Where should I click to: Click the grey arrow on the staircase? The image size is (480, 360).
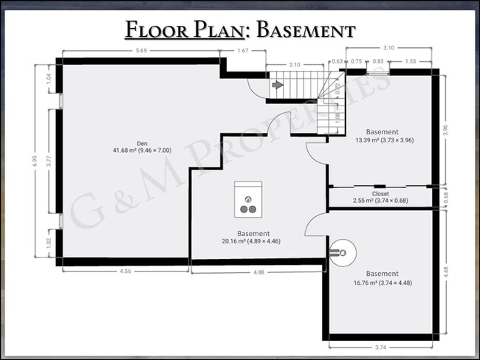[x=277, y=86]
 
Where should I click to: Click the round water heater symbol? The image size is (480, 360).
[x=341, y=253]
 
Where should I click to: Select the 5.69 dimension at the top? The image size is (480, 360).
[x=140, y=51]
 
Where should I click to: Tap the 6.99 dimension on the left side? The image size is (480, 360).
[x=35, y=161]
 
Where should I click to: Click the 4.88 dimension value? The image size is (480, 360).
[x=258, y=271]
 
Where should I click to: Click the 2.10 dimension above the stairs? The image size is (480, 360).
[x=295, y=65]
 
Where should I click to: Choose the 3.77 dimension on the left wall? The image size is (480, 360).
[x=49, y=162]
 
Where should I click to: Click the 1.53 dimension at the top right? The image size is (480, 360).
[x=411, y=62]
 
